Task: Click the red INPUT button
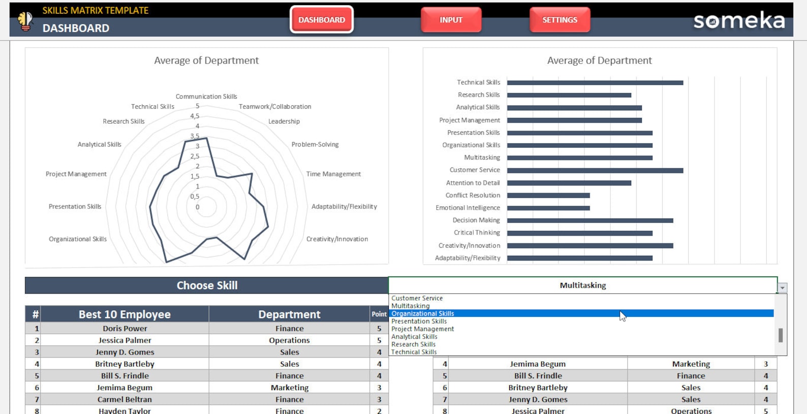coord(451,20)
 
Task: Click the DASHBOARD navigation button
coord(321,20)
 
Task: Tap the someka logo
coord(739,21)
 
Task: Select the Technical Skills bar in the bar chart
coord(595,82)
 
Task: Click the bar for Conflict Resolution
coord(548,195)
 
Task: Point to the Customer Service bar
coord(595,170)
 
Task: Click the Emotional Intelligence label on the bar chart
coord(468,208)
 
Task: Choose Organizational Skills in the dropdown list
coord(423,313)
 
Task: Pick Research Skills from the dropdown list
coord(413,344)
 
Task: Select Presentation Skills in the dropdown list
coord(419,321)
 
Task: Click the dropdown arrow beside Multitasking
coord(782,288)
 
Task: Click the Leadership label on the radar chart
coord(284,121)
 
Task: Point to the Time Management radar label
coord(333,174)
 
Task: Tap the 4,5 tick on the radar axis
coord(195,116)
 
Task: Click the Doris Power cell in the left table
coord(125,329)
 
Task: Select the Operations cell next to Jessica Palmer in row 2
coord(289,340)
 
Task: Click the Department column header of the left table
coord(289,314)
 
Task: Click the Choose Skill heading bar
coord(206,285)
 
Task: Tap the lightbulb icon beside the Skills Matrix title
coord(25,20)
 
